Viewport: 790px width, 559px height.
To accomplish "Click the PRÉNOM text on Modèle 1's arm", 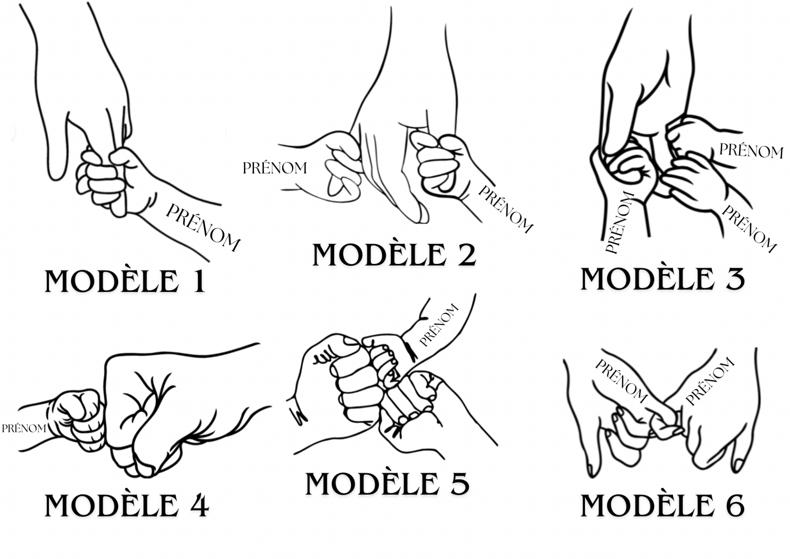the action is point(203,228).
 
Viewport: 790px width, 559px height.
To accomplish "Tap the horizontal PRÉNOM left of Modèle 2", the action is point(275,168).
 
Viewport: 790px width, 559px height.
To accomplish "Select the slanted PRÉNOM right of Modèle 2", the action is point(506,210).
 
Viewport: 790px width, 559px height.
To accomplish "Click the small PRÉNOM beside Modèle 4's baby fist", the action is point(24,429).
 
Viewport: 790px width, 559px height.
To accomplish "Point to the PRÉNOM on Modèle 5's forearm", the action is point(439,325).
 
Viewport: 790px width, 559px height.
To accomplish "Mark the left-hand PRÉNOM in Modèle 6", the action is point(621,381).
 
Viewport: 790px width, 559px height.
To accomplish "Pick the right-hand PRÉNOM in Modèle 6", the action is point(710,382).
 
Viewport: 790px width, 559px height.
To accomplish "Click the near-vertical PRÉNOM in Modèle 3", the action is point(620,223).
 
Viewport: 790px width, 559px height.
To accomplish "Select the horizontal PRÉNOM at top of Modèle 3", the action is point(751,151).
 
